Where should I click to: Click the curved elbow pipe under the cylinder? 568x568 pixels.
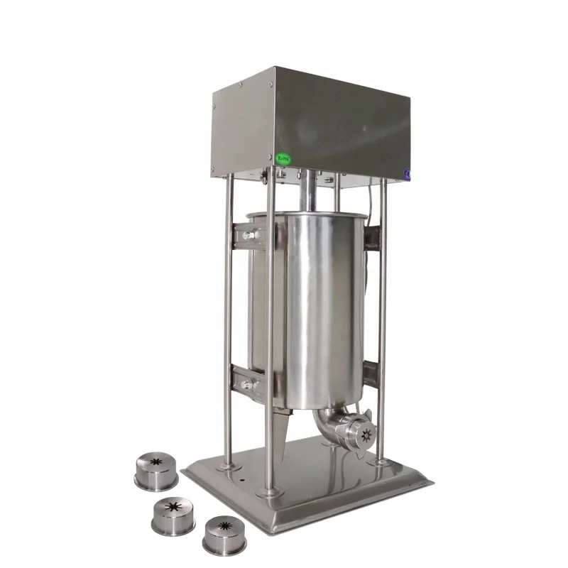point(327,422)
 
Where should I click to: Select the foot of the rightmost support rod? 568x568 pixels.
point(383,462)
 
